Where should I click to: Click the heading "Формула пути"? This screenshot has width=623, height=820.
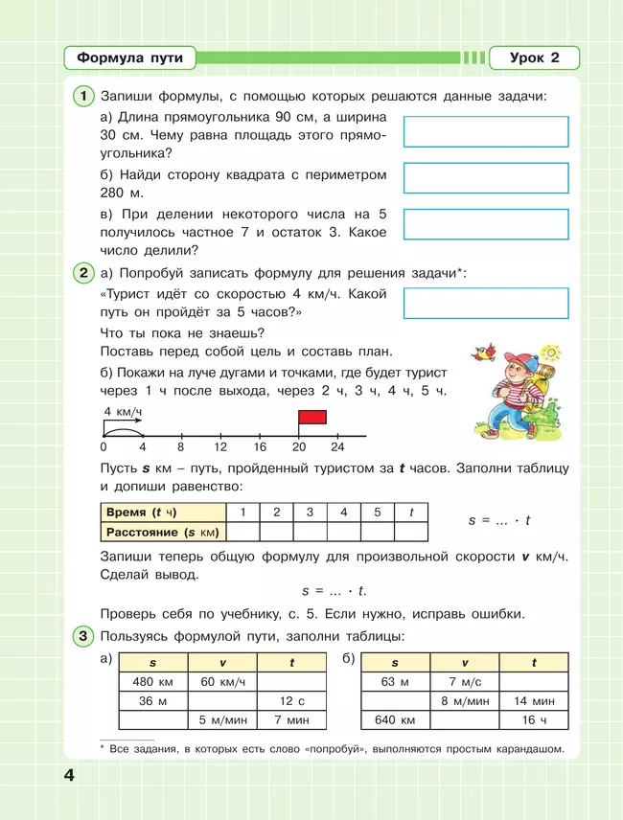click(129, 58)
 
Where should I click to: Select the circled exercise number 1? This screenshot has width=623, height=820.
click(84, 96)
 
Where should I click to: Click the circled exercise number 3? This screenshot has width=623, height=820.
click(84, 636)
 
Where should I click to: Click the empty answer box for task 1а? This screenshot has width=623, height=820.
click(486, 131)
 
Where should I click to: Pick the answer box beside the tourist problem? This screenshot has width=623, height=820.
click(486, 303)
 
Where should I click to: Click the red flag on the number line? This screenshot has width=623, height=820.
click(312, 417)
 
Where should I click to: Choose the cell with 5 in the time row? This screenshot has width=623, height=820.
click(378, 512)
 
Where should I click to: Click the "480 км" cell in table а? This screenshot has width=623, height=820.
click(151, 681)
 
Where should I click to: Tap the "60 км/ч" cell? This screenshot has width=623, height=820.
click(222, 681)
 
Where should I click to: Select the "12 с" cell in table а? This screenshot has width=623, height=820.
click(292, 700)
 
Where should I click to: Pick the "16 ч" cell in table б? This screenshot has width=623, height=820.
click(534, 719)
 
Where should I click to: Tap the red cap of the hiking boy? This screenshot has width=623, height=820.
click(496, 360)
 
